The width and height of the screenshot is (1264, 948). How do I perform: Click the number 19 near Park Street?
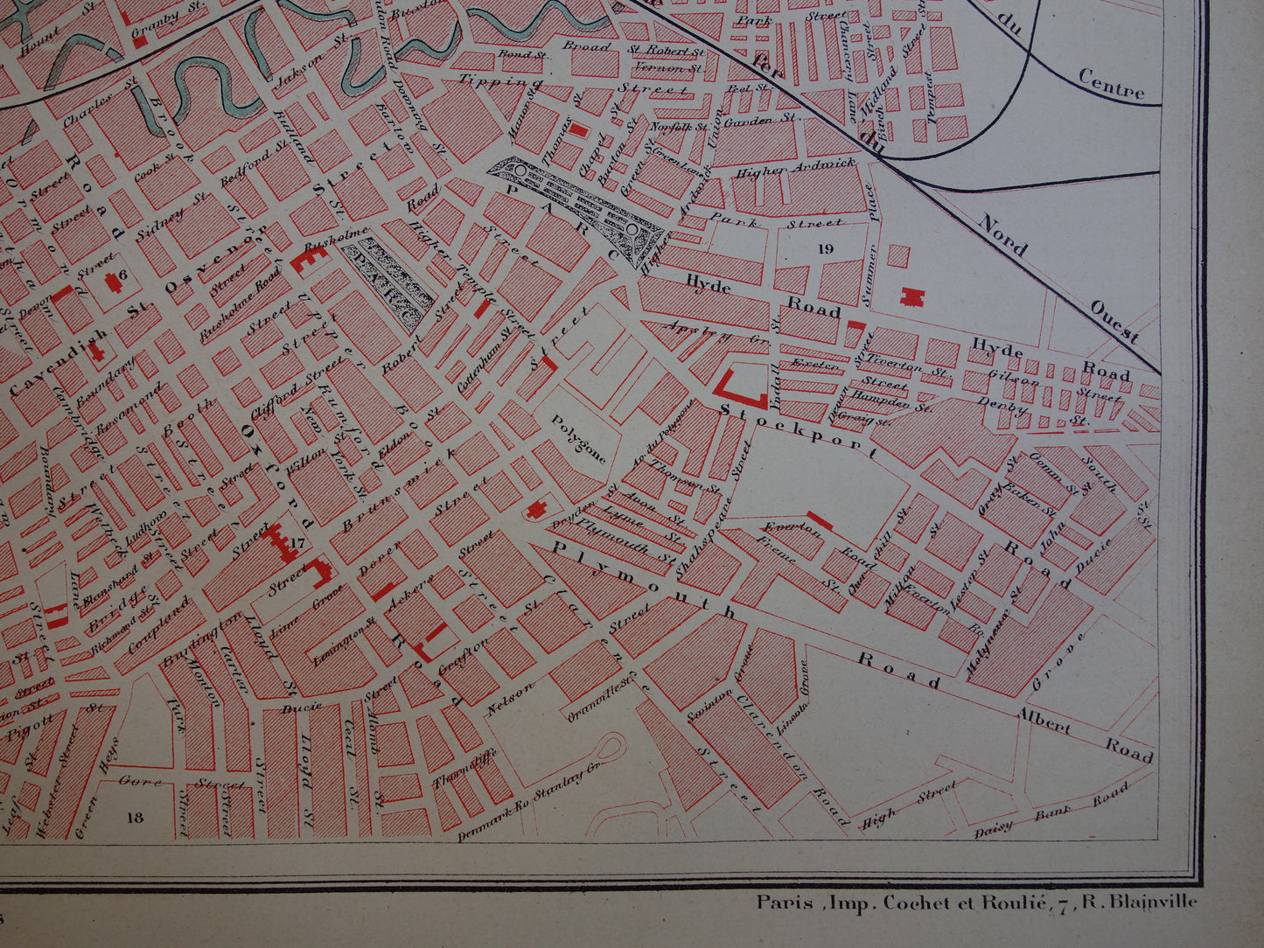coord(825,249)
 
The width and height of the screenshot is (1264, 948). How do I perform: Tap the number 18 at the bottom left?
coord(134,818)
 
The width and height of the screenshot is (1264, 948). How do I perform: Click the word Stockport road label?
coord(799,425)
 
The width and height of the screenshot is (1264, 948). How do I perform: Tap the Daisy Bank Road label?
coord(1052,811)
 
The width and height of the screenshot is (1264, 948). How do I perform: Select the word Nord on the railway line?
coord(1003,234)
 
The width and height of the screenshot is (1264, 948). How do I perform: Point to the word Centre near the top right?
coord(1111,84)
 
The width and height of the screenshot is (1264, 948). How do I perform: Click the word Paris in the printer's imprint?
coord(780,903)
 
